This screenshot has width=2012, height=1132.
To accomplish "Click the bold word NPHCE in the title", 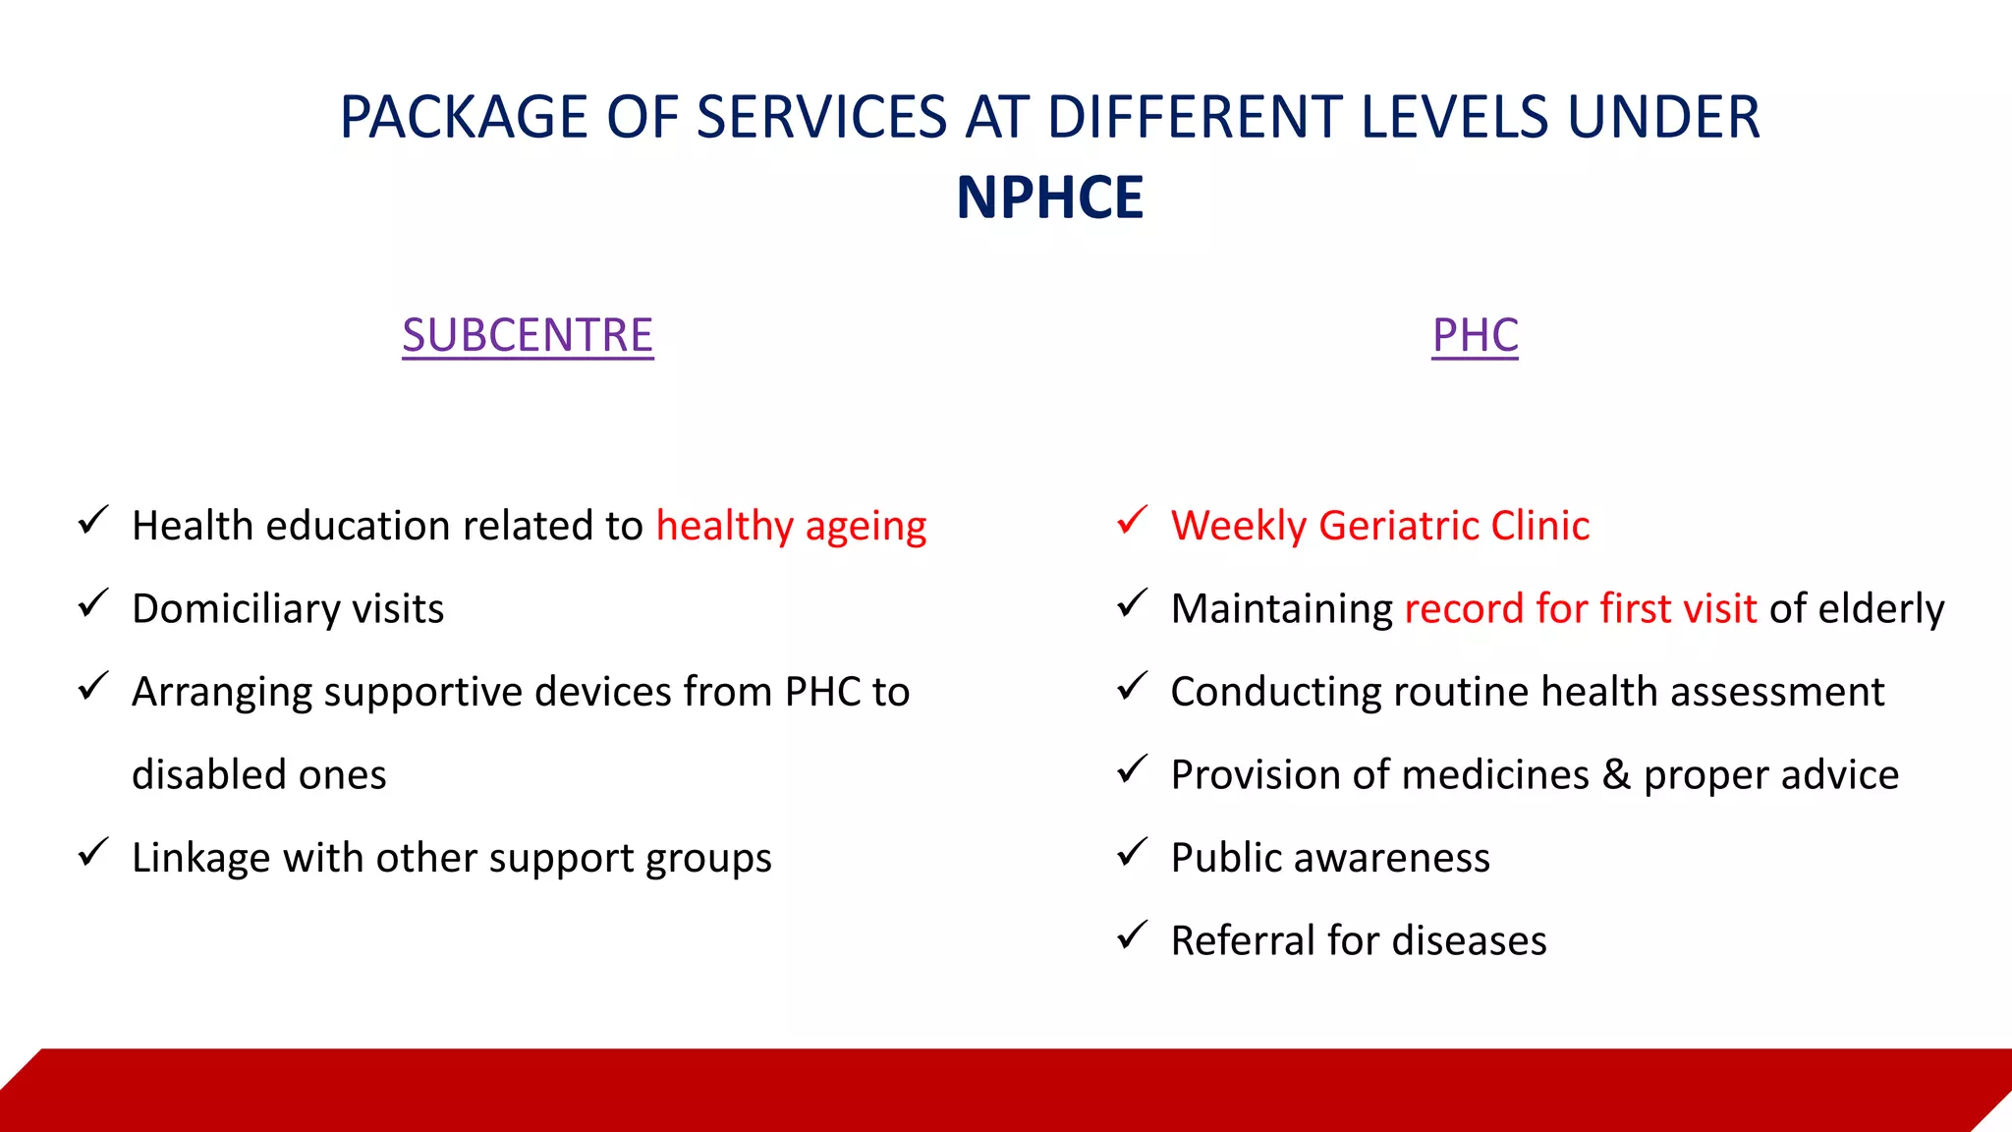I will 1049,198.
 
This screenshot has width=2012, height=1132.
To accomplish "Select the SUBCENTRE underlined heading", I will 528,335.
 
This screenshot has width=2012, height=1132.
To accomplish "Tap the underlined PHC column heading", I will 1475,335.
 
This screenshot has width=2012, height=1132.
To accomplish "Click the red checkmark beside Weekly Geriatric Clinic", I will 1132,521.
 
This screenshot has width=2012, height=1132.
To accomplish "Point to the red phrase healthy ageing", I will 791,527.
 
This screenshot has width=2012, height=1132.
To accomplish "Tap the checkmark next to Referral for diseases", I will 1132,935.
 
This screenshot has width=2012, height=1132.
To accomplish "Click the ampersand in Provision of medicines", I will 1616,774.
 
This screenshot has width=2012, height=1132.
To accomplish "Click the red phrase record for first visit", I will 1580,609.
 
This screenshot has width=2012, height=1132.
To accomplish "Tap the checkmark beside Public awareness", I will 1132,853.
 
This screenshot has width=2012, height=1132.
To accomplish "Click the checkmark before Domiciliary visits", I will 92,604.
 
